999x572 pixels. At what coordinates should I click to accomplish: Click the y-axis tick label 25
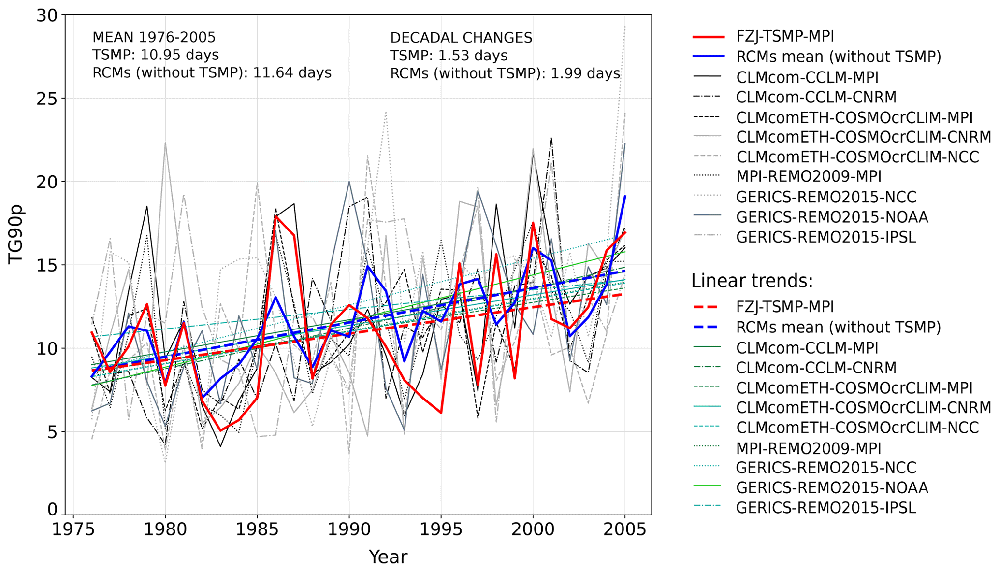tap(46, 99)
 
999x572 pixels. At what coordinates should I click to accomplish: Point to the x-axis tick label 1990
tap(349, 529)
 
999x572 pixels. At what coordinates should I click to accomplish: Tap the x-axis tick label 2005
tap(624, 529)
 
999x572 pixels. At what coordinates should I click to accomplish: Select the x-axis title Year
tap(388, 557)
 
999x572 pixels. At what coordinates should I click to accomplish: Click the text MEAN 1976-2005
tap(154, 38)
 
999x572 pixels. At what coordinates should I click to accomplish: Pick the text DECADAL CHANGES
tap(461, 38)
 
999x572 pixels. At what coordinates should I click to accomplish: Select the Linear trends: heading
tap(752, 281)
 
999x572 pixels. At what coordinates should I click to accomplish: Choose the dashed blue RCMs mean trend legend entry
tap(838, 327)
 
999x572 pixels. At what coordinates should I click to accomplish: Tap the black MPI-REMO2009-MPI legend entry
tap(808, 176)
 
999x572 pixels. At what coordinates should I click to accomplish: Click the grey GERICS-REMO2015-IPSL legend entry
tap(825, 237)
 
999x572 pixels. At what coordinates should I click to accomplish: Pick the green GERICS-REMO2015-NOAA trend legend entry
tap(832, 487)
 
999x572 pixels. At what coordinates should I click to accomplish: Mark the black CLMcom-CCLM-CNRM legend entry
tap(816, 97)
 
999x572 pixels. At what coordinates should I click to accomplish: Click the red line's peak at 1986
tap(275, 216)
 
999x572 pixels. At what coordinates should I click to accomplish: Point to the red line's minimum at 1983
tap(220, 430)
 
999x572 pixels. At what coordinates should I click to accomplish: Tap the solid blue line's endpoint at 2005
tap(625, 196)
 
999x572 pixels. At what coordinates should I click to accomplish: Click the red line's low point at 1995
tap(441, 413)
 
